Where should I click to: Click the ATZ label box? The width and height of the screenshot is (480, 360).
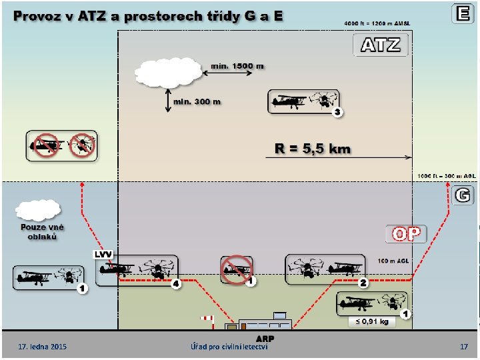tap(381, 45)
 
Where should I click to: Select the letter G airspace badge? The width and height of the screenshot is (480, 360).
tap(463, 195)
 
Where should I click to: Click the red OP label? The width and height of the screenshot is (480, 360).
tap(406, 234)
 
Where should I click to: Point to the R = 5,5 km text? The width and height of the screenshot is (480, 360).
tap(313, 149)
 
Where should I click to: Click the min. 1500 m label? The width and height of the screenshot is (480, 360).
tap(237, 66)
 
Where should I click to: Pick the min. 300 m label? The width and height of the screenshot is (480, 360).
tap(197, 101)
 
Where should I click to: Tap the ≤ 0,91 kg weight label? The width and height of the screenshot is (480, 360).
tap(371, 321)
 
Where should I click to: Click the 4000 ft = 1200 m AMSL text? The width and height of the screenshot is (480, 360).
tap(377, 23)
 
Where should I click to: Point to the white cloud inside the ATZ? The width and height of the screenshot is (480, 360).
tap(167, 73)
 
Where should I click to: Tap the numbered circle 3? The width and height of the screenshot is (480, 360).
tap(337, 112)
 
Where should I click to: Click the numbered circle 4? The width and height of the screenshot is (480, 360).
tap(176, 284)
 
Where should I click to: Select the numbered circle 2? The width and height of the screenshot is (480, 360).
tap(363, 283)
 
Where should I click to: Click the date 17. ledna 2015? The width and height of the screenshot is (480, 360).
tap(43, 347)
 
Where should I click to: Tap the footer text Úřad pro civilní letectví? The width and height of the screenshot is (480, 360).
tap(229, 347)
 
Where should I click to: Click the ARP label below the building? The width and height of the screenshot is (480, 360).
tap(265, 338)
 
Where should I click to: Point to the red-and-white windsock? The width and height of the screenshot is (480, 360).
tap(206, 319)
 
